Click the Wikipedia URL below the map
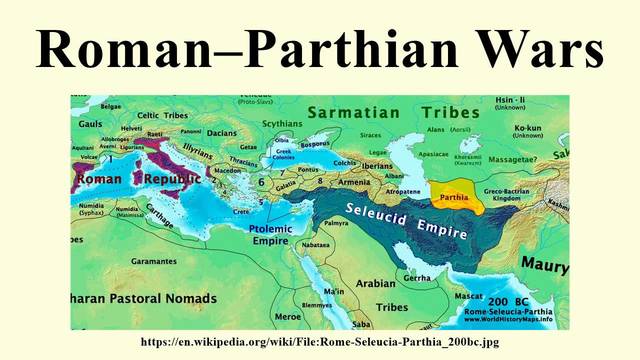click(x=319, y=342)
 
